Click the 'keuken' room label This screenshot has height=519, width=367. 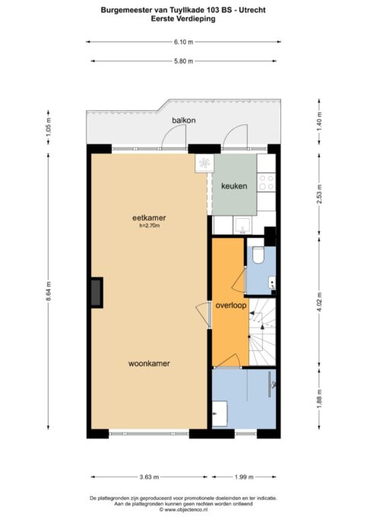pyautogui.click(x=234, y=186)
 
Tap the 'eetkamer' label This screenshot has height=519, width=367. pyautogui.click(x=149, y=218)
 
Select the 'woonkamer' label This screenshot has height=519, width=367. pyautogui.click(x=149, y=363)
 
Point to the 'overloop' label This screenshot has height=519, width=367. pyautogui.click(x=231, y=305)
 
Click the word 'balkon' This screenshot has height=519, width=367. pyautogui.click(x=184, y=120)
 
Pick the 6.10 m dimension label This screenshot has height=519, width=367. pyautogui.click(x=184, y=42)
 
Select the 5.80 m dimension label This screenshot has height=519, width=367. pyautogui.click(x=184, y=61)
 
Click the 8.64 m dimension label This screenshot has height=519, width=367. pyautogui.click(x=49, y=291)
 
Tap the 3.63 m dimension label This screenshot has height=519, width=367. pyautogui.click(x=149, y=477)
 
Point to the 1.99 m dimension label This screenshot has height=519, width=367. pyautogui.click(x=244, y=477)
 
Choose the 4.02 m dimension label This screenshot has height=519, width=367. pyautogui.click(x=319, y=302)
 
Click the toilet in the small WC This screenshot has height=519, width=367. pyautogui.click(x=258, y=255)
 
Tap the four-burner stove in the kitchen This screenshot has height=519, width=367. pyautogui.click(x=267, y=182)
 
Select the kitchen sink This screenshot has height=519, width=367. pyautogui.click(x=242, y=225)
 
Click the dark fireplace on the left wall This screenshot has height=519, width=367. pyautogui.click(x=97, y=293)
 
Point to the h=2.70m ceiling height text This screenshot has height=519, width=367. pyautogui.click(x=150, y=226)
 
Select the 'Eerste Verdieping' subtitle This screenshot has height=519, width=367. pyautogui.click(x=183, y=19)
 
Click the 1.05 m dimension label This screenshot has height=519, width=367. pyautogui.click(x=49, y=127)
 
